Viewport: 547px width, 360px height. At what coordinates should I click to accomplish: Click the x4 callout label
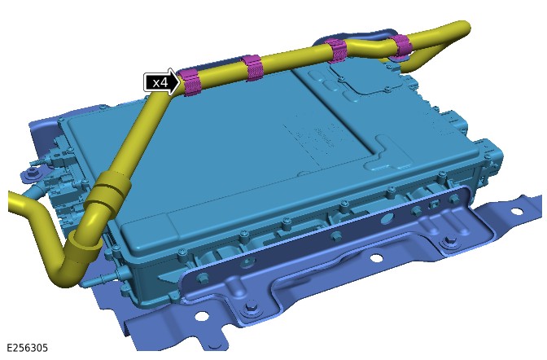(160, 83)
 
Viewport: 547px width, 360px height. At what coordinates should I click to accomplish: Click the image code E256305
(27, 348)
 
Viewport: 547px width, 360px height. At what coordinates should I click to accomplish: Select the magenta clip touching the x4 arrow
(190, 82)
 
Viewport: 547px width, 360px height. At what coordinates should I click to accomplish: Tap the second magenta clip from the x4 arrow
(252, 67)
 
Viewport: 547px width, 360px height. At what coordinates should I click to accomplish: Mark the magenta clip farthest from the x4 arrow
(400, 46)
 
